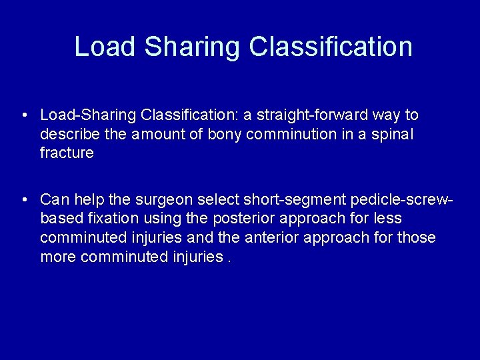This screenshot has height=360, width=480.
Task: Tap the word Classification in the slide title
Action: pos(331,47)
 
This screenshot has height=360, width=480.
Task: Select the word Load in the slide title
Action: pos(106,47)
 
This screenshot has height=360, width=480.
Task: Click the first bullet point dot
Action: pos(24,115)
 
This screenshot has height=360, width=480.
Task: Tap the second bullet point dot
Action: pos(24,199)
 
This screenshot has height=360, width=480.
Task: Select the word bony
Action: pos(225,134)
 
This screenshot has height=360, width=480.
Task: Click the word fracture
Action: pos(67,153)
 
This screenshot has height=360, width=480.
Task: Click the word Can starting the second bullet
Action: pos(55,199)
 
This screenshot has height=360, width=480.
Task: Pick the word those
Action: pos(417,237)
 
